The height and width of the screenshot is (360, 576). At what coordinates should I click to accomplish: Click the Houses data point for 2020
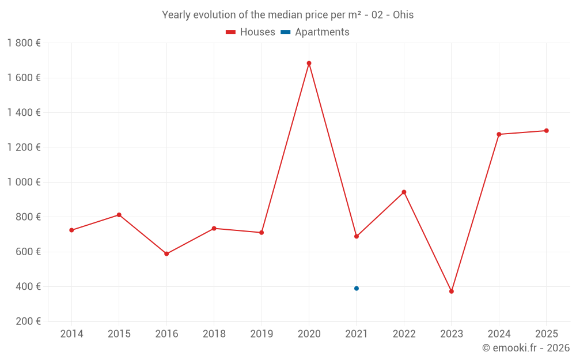(309, 63)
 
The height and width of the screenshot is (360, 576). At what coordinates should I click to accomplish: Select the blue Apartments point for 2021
(357, 289)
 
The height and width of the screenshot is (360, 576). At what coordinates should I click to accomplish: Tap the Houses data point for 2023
(452, 291)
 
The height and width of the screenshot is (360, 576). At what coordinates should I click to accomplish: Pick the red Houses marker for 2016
(166, 254)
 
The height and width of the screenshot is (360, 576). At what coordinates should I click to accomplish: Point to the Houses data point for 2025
(547, 131)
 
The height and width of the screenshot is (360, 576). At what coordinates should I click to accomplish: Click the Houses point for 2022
(404, 192)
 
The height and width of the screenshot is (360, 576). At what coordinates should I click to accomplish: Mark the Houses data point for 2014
(71, 230)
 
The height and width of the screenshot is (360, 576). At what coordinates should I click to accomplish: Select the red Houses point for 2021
(357, 236)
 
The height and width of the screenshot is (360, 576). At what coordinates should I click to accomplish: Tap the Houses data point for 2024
(499, 134)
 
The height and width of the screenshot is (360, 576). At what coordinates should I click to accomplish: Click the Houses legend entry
(251, 32)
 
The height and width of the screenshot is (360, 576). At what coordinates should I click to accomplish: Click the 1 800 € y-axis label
(24, 43)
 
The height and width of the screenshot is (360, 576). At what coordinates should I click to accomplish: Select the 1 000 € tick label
(24, 182)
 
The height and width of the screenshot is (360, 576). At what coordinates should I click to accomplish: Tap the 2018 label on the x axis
(214, 334)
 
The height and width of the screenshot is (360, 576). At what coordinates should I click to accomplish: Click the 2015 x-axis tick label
(119, 334)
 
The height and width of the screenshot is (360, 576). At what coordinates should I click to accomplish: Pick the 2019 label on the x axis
(262, 334)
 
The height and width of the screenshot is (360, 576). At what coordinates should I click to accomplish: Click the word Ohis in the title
(403, 15)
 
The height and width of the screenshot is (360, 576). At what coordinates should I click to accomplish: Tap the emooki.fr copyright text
(526, 348)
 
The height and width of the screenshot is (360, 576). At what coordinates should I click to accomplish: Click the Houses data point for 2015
(119, 215)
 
